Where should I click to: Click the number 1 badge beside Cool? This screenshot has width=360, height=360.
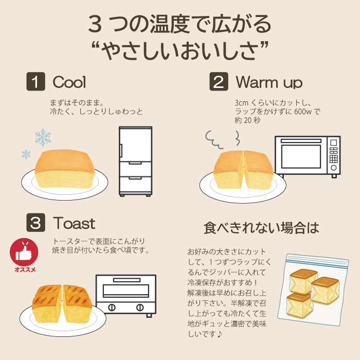(x=35, y=81)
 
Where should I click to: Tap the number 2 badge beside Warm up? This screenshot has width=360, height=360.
(x=219, y=81)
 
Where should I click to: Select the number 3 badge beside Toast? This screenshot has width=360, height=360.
(x=35, y=223)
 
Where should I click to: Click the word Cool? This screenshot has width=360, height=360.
(x=69, y=82)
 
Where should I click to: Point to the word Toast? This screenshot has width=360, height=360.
(x=74, y=223)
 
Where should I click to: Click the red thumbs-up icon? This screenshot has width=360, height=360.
(x=24, y=253)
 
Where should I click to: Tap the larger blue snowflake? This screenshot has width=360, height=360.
(x=43, y=137)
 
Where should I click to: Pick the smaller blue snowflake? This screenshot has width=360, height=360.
(x=26, y=154)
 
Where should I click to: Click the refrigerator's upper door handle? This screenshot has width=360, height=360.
(x=121, y=151)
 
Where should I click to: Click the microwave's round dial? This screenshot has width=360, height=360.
(x=334, y=168)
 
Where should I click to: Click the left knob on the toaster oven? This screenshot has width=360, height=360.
(x=112, y=308)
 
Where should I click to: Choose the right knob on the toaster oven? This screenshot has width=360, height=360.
(x=140, y=308)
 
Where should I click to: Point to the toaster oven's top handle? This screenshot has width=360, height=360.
(x=127, y=280)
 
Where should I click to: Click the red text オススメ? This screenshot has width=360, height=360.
(x=25, y=269)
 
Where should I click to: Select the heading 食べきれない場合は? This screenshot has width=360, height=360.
(x=261, y=228)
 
